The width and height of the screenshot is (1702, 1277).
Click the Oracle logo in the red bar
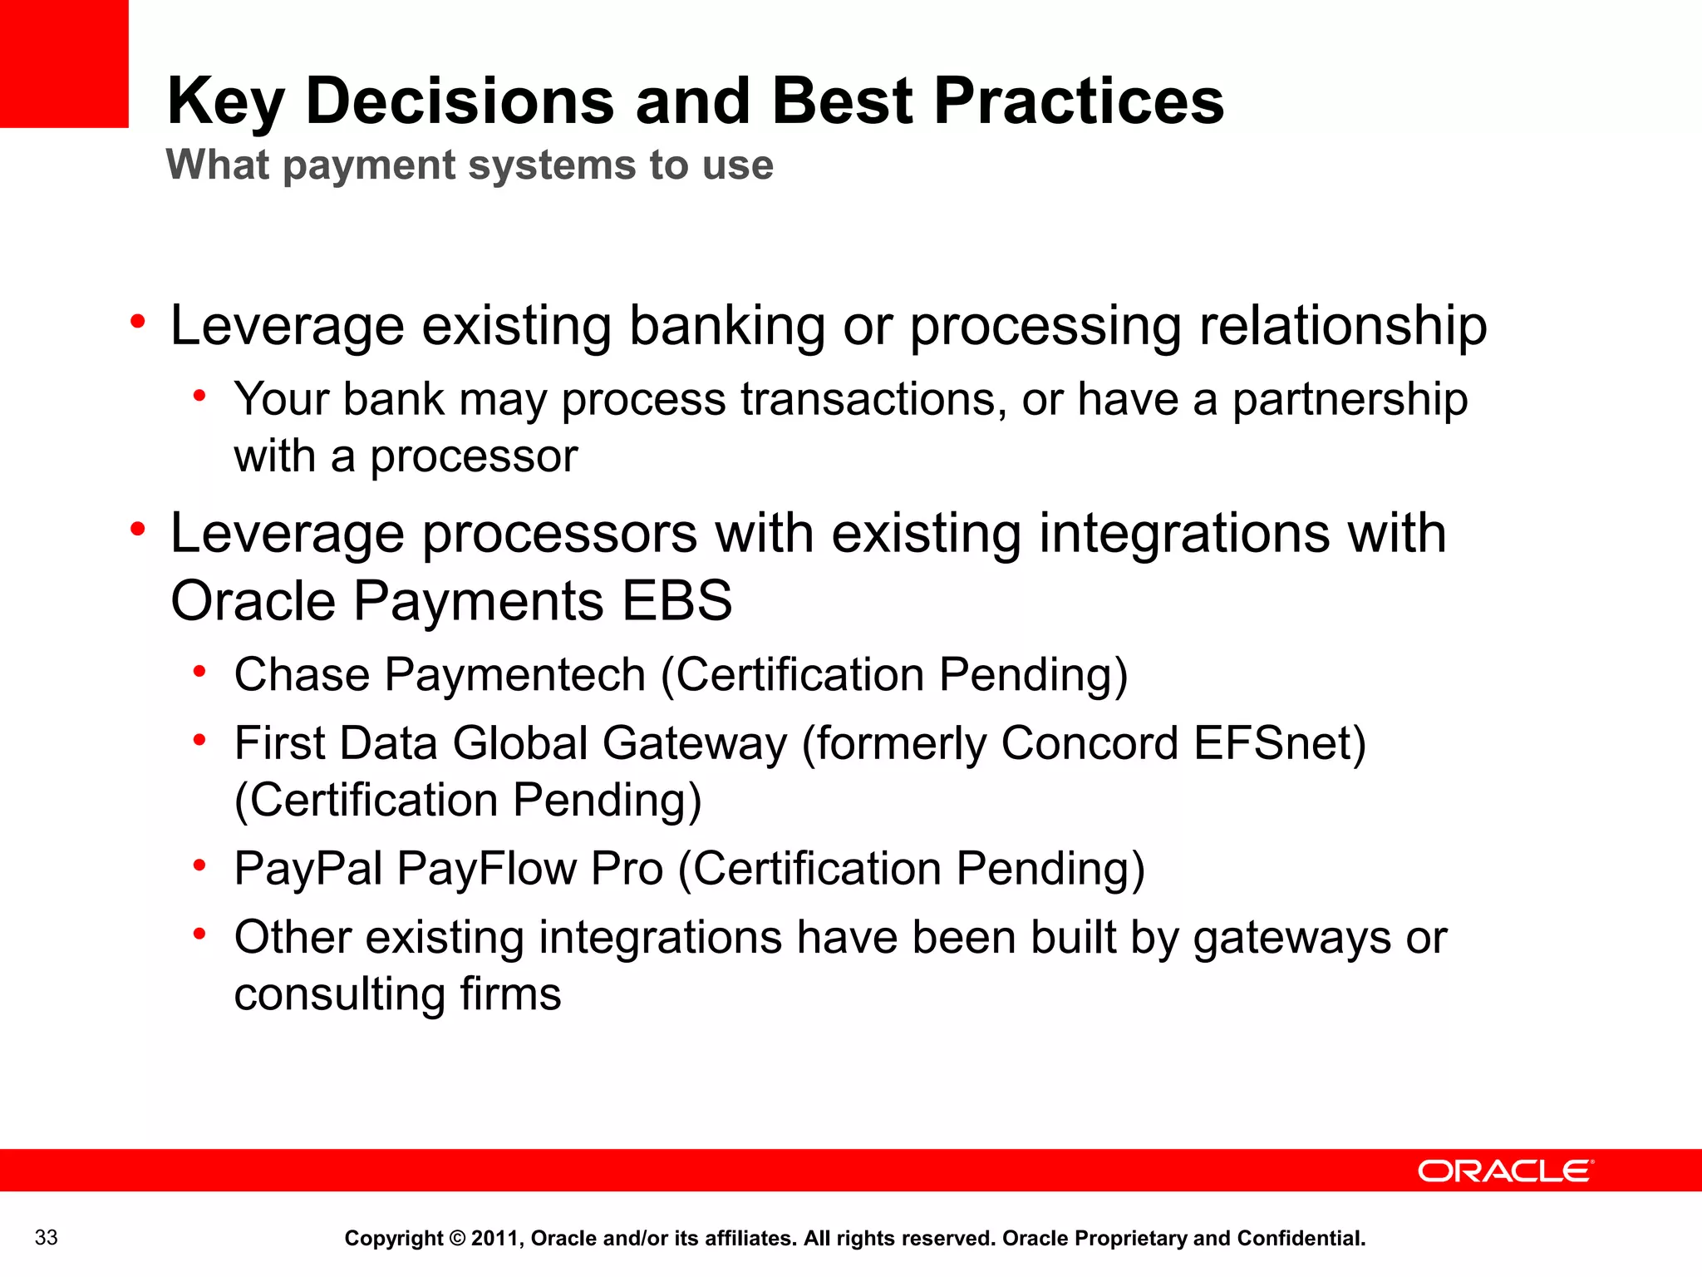(1504, 1171)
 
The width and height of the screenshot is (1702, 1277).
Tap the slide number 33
(47, 1237)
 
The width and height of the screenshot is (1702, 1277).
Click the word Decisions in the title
(460, 101)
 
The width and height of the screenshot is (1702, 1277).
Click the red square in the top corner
(64, 63)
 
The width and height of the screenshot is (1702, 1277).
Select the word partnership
(1350, 400)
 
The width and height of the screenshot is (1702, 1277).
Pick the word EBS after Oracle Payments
(677, 600)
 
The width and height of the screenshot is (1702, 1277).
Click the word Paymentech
(514, 674)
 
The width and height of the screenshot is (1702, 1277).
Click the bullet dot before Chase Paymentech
(199, 672)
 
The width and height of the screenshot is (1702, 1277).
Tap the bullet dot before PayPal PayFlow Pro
(199, 866)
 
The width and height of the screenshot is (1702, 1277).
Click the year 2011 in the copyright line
(496, 1238)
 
